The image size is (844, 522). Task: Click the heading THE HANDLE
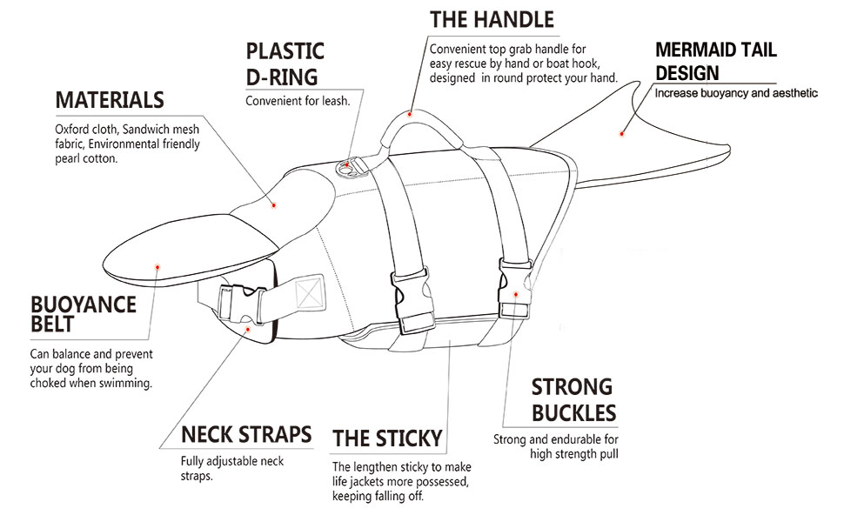(x=492, y=19)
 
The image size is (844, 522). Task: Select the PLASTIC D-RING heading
(x=285, y=64)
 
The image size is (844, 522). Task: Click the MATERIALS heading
(x=110, y=99)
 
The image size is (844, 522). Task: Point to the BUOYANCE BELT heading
(x=84, y=314)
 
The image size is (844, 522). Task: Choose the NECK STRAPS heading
(x=246, y=434)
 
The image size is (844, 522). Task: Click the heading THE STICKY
(x=387, y=438)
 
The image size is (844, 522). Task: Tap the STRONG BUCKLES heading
(x=573, y=399)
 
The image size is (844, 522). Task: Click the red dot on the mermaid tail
(x=621, y=134)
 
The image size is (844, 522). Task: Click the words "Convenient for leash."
(x=298, y=101)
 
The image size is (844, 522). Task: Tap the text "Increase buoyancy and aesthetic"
(x=736, y=92)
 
